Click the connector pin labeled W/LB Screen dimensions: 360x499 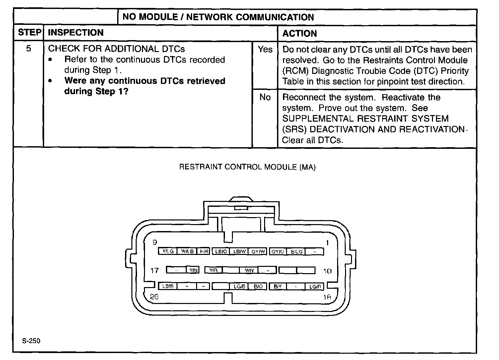pyautogui.click(x=187, y=251)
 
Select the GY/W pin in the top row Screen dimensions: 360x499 pyautogui.click(x=258, y=252)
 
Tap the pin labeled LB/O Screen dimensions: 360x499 pyautogui.click(x=221, y=252)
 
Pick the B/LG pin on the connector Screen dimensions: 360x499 pyautogui.click(x=297, y=252)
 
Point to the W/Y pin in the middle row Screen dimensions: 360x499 pyautogui.click(x=249, y=270)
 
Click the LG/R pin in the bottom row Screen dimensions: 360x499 pyautogui.click(x=315, y=286)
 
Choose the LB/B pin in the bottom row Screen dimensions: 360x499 pyautogui.click(x=168, y=286)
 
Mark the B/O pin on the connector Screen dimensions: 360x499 pyautogui.click(x=258, y=286)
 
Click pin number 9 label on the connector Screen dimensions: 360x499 pyautogui.click(x=155, y=242)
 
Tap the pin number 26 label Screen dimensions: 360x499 pyautogui.click(x=154, y=297)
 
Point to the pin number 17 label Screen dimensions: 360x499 pyautogui.click(x=155, y=270)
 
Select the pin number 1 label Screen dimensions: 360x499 pyautogui.click(x=327, y=243)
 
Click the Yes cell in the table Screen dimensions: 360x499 pyautogui.click(x=265, y=49)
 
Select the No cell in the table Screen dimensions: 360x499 pyautogui.click(x=265, y=97)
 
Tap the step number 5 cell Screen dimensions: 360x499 pyautogui.click(x=29, y=49)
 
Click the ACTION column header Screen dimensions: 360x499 pyautogui.click(x=299, y=33)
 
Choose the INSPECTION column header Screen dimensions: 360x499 pyautogui.click(x=76, y=32)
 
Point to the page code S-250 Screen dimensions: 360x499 pyautogui.click(x=31, y=341)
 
